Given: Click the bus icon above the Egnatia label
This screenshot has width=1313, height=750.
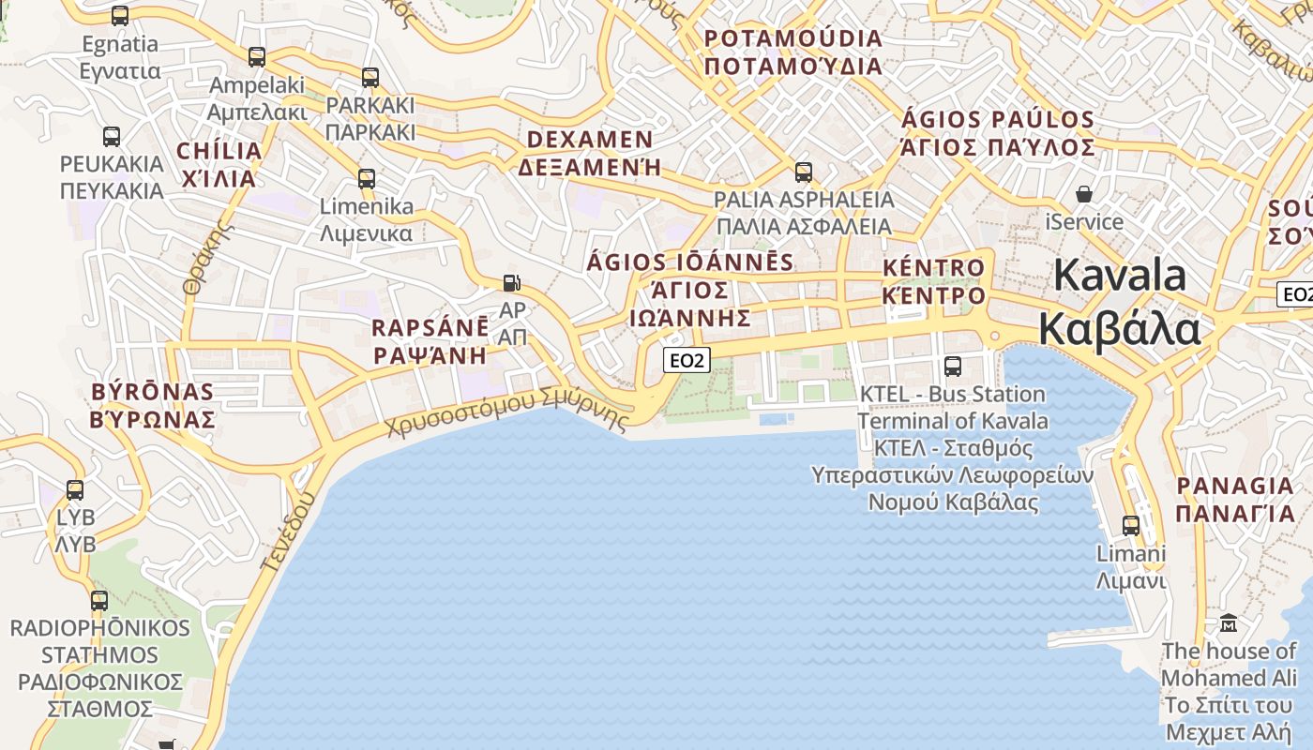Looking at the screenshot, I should [x=120, y=16].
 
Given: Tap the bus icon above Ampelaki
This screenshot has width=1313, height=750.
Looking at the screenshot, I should [x=257, y=57].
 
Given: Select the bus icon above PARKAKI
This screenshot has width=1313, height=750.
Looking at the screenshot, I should [x=370, y=78].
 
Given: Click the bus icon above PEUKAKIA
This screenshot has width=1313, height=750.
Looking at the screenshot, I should [x=112, y=137].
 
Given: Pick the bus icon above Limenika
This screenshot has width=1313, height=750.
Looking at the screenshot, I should [x=367, y=178].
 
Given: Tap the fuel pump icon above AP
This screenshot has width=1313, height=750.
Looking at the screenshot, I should [x=512, y=282].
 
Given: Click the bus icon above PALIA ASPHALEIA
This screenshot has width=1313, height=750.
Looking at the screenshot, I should [x=804, y=172].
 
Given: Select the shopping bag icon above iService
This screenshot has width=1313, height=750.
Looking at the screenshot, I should [x=1084, y=194].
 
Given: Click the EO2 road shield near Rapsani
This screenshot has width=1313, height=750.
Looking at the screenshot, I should [x=687, y=359].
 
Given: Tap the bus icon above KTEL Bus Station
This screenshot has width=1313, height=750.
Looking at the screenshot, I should [x=953, y=367].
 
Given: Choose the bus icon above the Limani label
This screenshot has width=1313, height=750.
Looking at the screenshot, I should [x=1131, y=526].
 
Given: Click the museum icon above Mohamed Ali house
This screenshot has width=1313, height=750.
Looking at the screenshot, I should [x=1229, y=622].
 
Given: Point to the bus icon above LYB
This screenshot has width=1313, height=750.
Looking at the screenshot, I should [x=75, y=490].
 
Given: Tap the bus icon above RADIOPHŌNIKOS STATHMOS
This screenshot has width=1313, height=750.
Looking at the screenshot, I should [x=99, y=601].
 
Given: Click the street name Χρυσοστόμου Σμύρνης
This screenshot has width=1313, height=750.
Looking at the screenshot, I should [x=506, y=413].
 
